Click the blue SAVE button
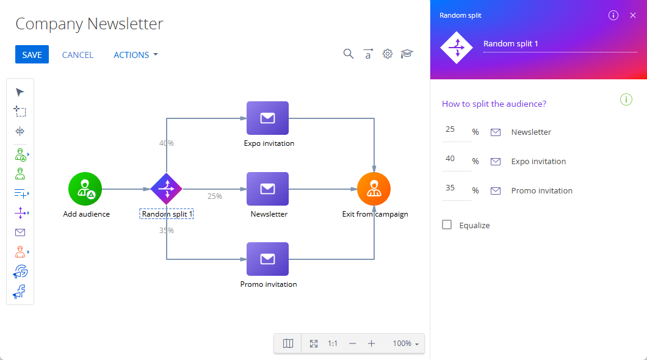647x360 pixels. [x=32, y=54]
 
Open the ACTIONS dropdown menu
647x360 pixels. [x=136, y=55]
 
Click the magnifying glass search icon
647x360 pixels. [x=349, y=54]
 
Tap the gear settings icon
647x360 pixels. [x=387, y=54]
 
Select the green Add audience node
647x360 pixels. [x=85, y=189]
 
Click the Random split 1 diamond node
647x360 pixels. [x=166, y=189]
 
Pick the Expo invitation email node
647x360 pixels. [x=267, y=118]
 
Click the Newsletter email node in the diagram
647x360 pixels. [x=267, y=189]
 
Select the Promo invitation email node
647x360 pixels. [x=267, y=259]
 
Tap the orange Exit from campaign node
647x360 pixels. [x=374, y=189]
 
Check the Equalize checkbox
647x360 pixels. [x=446, y=225]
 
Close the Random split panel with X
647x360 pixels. [x=632, y=15]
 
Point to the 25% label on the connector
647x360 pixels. [x=215, y=196]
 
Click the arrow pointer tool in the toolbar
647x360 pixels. [x=20, y=92]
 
